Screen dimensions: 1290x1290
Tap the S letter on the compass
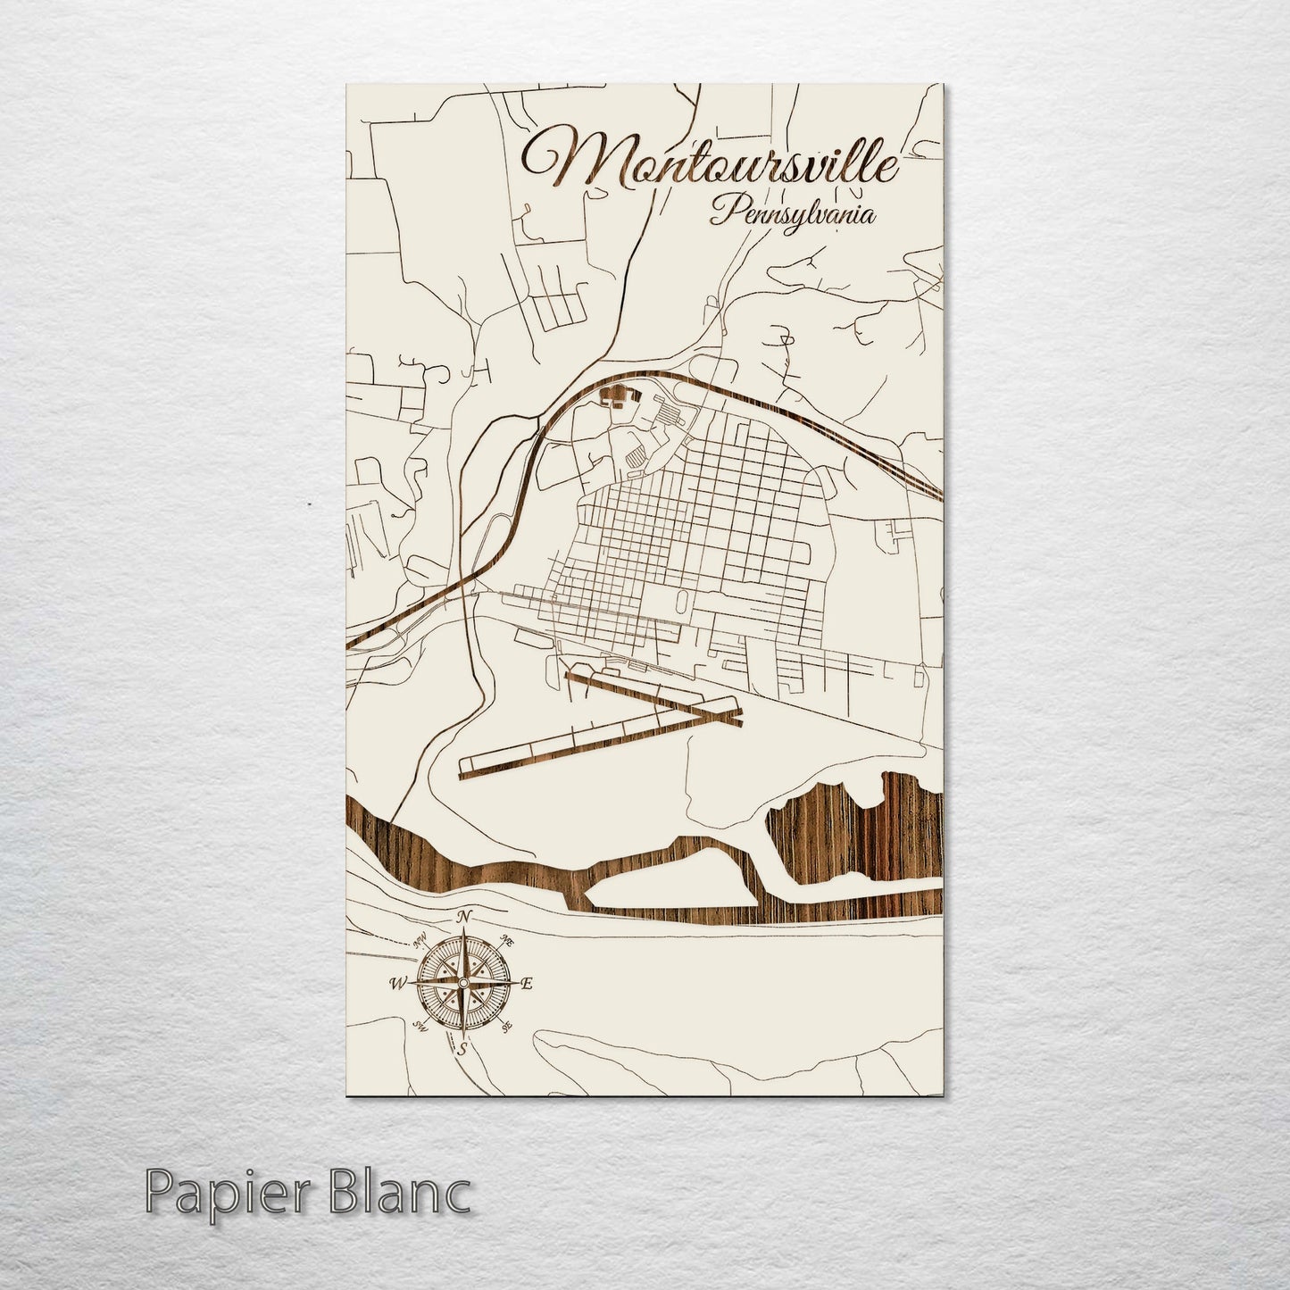coord(462,1050)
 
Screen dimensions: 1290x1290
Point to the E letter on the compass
coord(527,984)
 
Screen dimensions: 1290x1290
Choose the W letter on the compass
coord(395,984)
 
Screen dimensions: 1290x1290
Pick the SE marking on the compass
coord(507,1028)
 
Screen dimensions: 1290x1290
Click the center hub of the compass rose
coord(462,984)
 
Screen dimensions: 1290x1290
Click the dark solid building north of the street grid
coord(614,395)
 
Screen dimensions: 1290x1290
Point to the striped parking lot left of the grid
coord(637,454)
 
